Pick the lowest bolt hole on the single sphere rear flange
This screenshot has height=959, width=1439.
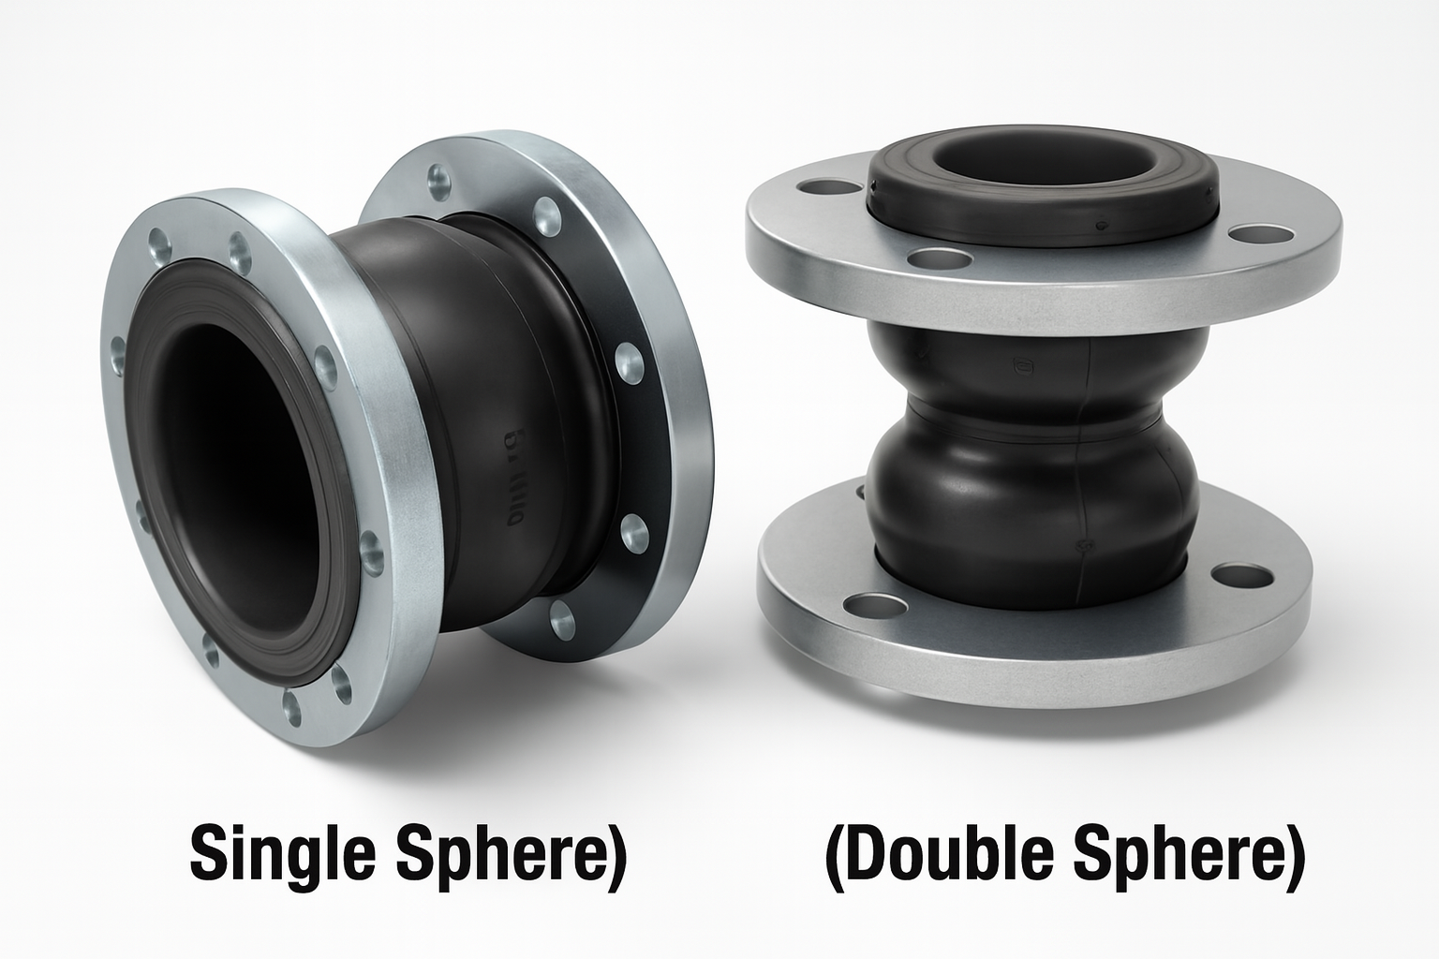coord(560,614)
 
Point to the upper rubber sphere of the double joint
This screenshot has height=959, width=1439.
coord(1031,361)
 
